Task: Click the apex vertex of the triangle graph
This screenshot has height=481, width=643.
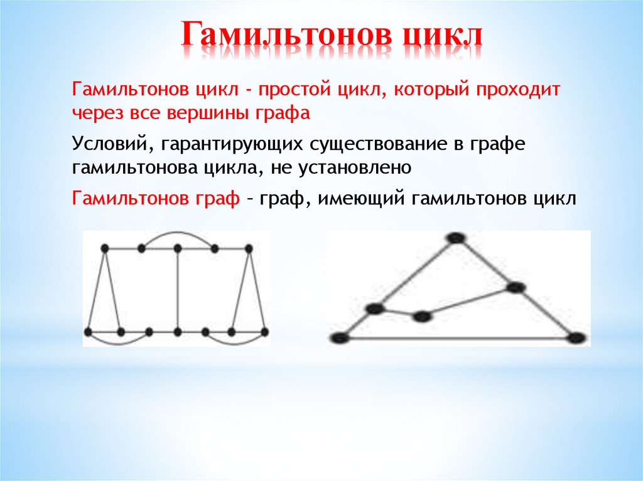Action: pos(455,238)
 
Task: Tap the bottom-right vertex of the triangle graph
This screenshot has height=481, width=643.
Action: pos(575,337)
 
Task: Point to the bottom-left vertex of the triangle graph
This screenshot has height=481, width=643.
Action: pos(340,338)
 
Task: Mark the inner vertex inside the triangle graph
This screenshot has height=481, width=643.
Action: pos(423,316)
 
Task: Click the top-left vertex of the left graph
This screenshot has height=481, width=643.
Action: pos(105,249)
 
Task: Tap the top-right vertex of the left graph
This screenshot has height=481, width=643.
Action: pos(250,249)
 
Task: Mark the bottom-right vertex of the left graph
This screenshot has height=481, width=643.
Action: pos(264,331)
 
